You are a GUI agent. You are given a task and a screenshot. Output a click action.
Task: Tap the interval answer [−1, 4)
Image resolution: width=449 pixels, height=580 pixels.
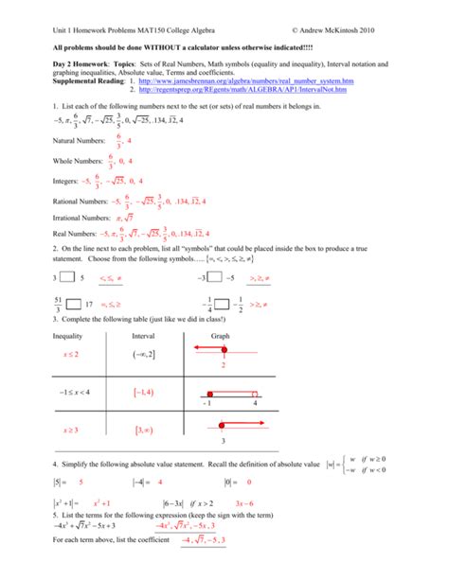(x=145, y=392)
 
